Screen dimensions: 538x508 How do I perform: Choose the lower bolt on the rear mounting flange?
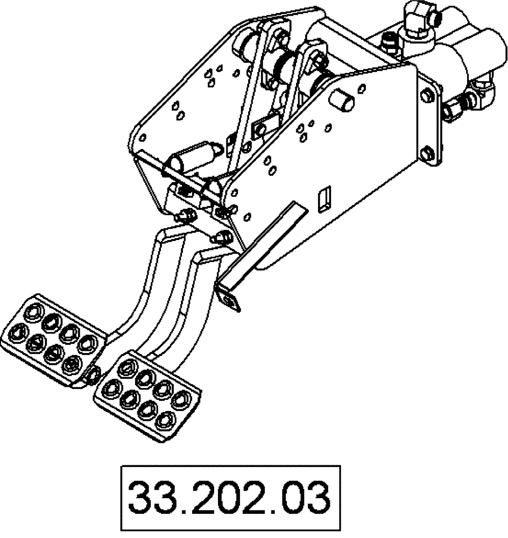point(428,152)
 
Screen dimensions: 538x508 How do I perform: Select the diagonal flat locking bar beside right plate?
point(264,242)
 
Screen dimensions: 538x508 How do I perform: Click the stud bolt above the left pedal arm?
point(185,216)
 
